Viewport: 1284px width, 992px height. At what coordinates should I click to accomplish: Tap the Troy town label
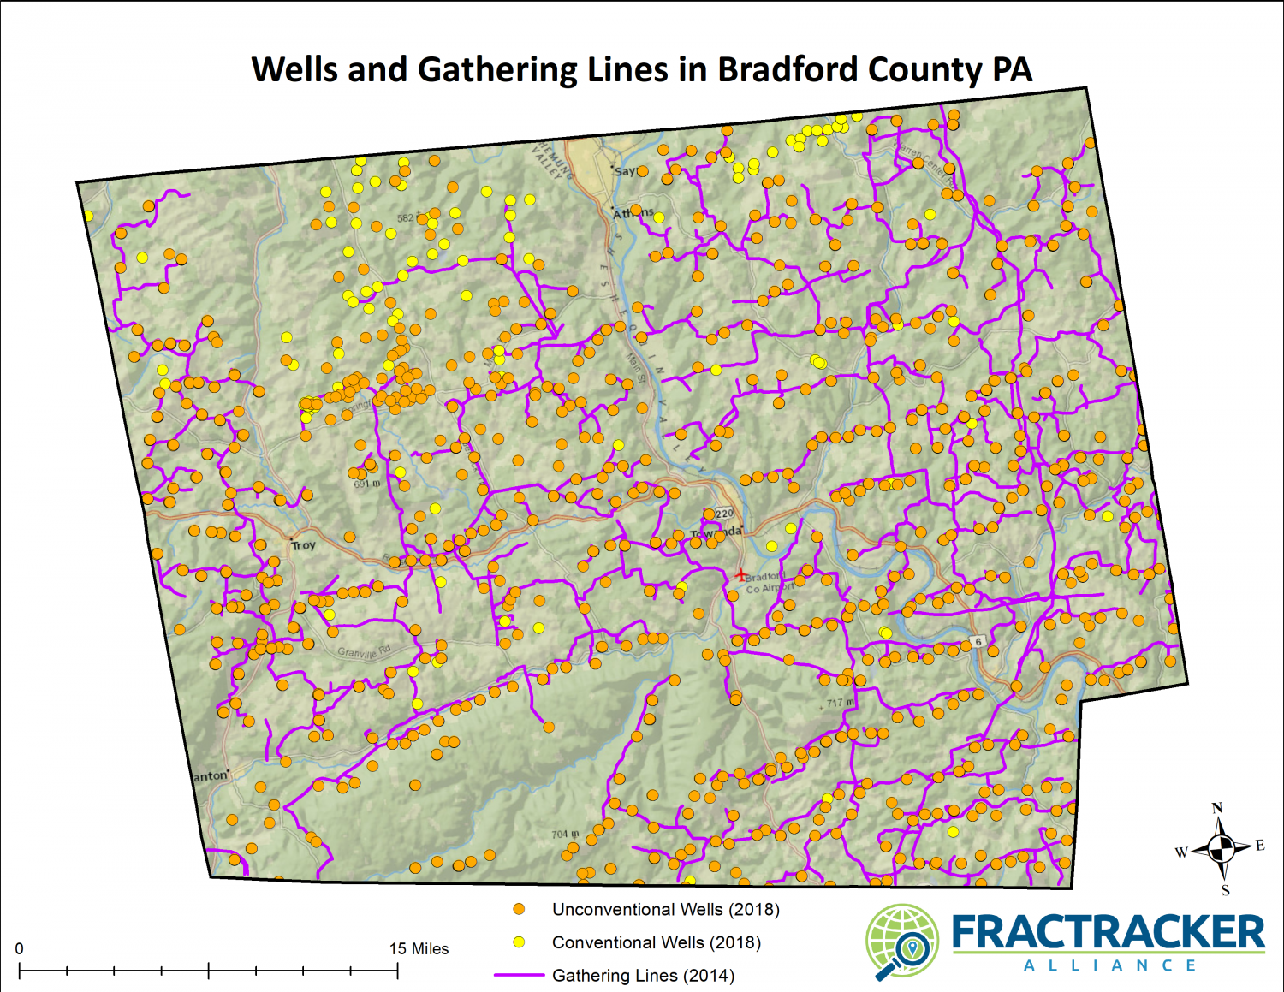[x=303, y=545]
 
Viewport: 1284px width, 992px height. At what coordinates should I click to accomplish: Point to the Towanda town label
[x=716, y=532]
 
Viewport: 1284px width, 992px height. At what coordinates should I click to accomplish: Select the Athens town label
[x=633, y=213]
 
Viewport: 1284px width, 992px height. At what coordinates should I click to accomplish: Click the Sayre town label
[x=626, y=171]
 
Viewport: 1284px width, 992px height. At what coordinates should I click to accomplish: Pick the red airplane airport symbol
[x=740, y=575]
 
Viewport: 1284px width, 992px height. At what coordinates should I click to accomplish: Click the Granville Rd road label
[x=363, y=652]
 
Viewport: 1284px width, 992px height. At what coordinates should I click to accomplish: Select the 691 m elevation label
[x=367, y=484]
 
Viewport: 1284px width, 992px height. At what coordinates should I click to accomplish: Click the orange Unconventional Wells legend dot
[x=519, y=909]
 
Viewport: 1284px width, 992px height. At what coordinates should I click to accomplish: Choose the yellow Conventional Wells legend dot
[x=519, y=942]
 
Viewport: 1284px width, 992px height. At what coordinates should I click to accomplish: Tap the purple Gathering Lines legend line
[x=519, y=975]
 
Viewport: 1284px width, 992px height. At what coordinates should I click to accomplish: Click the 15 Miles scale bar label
[x=419, y=948]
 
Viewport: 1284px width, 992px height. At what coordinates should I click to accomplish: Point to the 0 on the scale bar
[x=20, y=948]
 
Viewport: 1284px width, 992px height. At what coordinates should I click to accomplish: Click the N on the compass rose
[x=1217, y=808]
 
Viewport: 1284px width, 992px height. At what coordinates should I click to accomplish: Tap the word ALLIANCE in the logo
[x=1109, y=965]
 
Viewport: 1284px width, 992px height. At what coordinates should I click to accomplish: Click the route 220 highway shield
[x=724, y=514]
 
